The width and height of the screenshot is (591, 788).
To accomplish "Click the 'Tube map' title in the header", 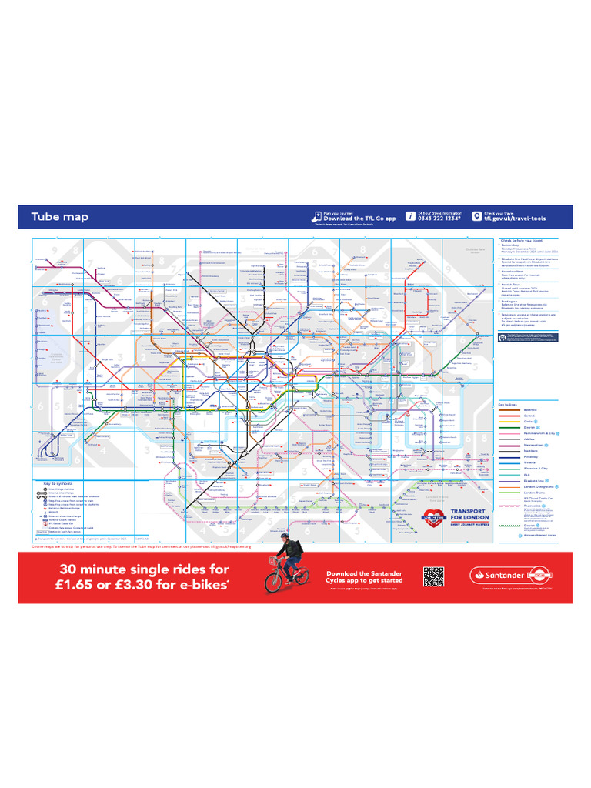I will (x=59, y=217).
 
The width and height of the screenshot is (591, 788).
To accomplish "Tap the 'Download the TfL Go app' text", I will (x=359, y=219).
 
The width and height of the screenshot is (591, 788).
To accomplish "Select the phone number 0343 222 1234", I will (x=439, y=219).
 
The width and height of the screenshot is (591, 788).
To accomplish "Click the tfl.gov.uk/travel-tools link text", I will (x=516, y=219).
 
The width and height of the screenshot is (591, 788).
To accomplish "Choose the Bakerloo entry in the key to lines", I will (x=530, y=411).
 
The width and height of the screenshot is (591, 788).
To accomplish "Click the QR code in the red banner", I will (x=433, y=576).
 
